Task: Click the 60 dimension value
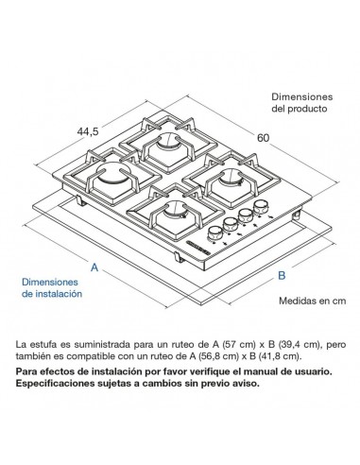263,138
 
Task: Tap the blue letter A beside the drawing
94,268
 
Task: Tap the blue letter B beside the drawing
281,275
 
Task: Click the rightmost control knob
259,212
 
